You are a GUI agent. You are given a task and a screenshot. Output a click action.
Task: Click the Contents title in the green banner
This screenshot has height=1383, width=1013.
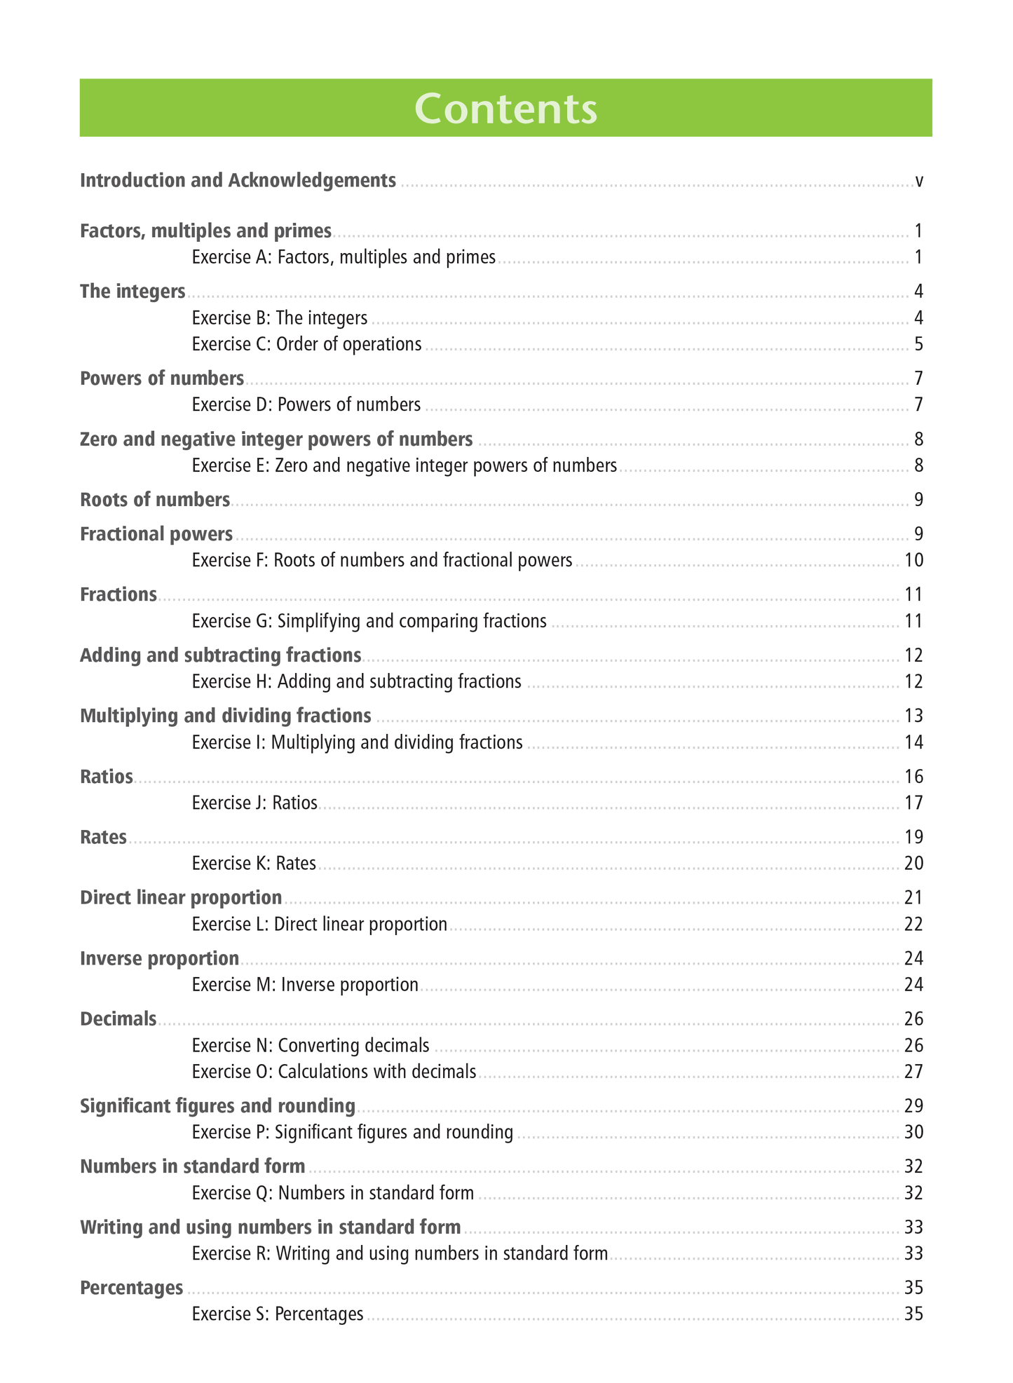point(505,109)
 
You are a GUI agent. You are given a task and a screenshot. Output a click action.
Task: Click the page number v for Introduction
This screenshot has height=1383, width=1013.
point(918,182)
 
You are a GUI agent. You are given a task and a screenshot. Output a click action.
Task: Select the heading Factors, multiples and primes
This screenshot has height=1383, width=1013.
point(205,231)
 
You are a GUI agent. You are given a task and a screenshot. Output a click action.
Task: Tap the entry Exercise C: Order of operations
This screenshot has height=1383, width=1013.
point(306,344)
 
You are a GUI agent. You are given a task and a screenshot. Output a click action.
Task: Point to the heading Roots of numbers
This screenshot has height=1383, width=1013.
point(155,500)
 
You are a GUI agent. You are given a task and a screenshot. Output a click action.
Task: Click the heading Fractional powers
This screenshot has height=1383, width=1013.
point(156,534)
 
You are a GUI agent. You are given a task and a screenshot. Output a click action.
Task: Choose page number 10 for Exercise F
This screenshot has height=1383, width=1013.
point(913,560)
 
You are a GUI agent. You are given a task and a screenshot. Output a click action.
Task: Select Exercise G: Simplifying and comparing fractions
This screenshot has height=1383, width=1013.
point(369,621)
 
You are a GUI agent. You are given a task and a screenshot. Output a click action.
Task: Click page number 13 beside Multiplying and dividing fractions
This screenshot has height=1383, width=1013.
point(913,716)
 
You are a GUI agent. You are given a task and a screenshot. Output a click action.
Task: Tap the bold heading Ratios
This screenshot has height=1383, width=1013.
point(107,777)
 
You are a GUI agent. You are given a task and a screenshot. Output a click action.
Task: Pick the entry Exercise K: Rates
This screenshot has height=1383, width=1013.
point(254,863)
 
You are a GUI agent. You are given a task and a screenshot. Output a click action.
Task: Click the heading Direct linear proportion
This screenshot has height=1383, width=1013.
point(181,898)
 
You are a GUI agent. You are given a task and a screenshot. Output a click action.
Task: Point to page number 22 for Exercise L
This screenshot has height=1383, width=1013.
point(913,924)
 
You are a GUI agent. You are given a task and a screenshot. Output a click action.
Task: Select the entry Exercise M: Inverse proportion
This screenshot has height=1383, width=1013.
point(305,985)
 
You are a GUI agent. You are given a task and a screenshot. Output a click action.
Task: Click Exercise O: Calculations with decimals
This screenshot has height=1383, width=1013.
point(334,1071)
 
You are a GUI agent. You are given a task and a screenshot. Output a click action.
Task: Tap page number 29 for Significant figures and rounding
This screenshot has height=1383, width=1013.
point(913,1106)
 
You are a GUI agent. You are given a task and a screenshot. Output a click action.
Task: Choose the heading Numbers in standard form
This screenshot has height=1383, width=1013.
point(193,1166)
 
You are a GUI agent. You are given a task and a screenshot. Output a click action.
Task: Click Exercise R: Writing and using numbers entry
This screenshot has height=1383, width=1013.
point(400,1253)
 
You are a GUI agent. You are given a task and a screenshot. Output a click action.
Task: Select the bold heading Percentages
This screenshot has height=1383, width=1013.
point(132,1288)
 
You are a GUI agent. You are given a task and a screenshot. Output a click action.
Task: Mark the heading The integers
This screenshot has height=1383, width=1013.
point(132,292)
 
